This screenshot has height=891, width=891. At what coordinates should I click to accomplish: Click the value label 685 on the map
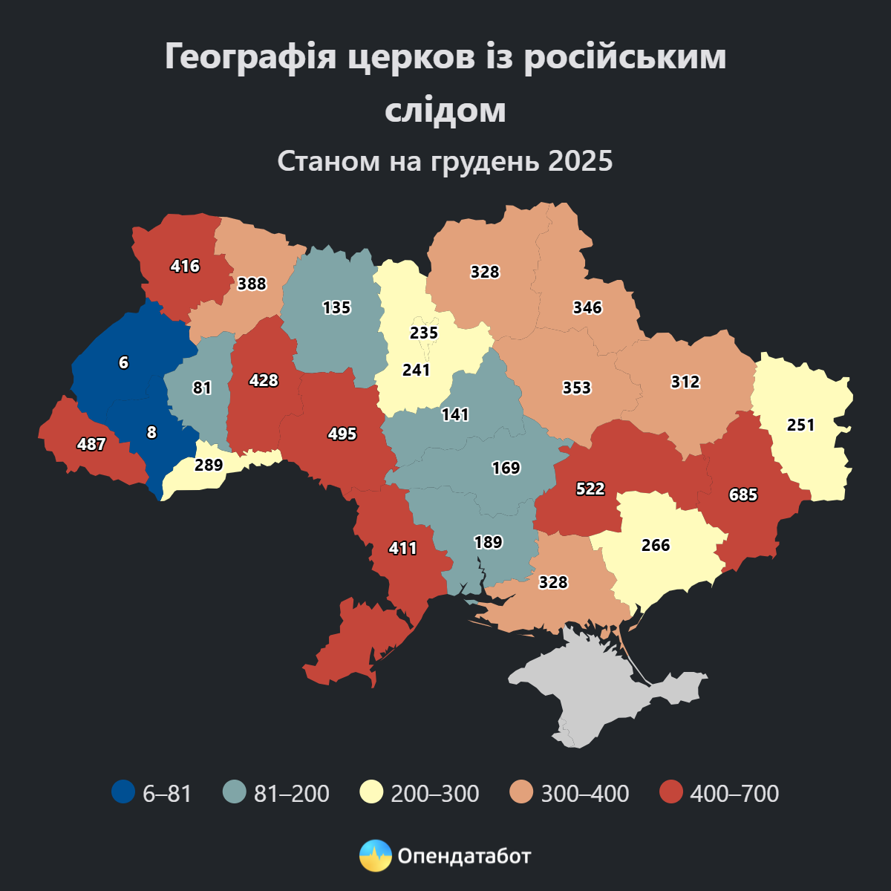743,494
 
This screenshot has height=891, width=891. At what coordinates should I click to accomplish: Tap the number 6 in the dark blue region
123,362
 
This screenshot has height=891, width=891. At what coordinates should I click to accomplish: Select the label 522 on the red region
590,489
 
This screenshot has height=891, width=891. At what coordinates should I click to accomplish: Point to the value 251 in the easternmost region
801,425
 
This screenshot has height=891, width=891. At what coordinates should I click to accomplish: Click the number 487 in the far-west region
91,444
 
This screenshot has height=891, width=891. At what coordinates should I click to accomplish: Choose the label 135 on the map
336,307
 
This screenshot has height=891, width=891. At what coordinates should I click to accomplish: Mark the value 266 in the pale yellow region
656,545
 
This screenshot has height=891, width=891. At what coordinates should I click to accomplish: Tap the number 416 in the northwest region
185,265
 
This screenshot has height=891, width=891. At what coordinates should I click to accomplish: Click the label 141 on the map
455,414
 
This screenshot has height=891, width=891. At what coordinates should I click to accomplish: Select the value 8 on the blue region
151,432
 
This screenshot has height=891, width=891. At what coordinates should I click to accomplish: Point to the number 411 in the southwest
403,548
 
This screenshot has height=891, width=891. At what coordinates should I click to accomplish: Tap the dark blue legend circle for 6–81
123,792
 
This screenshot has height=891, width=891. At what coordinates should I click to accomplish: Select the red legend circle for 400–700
671,792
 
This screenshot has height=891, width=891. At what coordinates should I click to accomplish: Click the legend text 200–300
434,793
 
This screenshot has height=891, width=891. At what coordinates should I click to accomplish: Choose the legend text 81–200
291,793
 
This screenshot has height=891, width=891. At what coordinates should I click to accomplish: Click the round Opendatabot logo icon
375,856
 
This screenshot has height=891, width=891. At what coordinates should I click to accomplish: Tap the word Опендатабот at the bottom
464,856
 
